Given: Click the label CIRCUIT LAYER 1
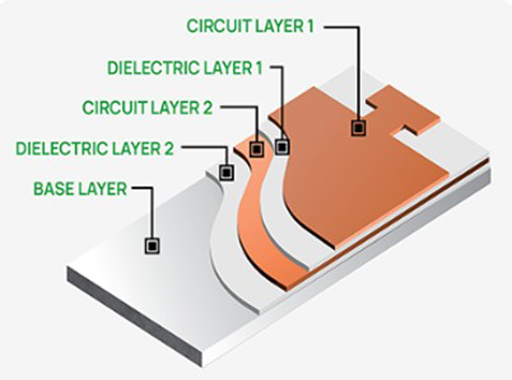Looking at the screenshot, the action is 250,26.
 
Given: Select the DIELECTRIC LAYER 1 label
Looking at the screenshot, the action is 185,68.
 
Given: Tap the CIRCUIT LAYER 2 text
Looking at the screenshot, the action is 148,108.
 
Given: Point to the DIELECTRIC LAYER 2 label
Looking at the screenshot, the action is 95,148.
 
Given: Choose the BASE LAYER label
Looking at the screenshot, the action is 80,189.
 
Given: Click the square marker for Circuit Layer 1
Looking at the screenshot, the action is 358,128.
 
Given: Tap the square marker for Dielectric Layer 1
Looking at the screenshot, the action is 282,147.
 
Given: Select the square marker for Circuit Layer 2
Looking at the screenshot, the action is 257,149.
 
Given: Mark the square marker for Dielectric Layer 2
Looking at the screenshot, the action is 227,172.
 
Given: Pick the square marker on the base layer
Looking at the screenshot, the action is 152,245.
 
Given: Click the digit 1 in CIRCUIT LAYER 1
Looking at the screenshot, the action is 311,26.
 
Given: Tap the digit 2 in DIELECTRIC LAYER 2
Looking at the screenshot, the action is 168,148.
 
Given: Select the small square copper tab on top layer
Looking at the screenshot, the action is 404,109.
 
